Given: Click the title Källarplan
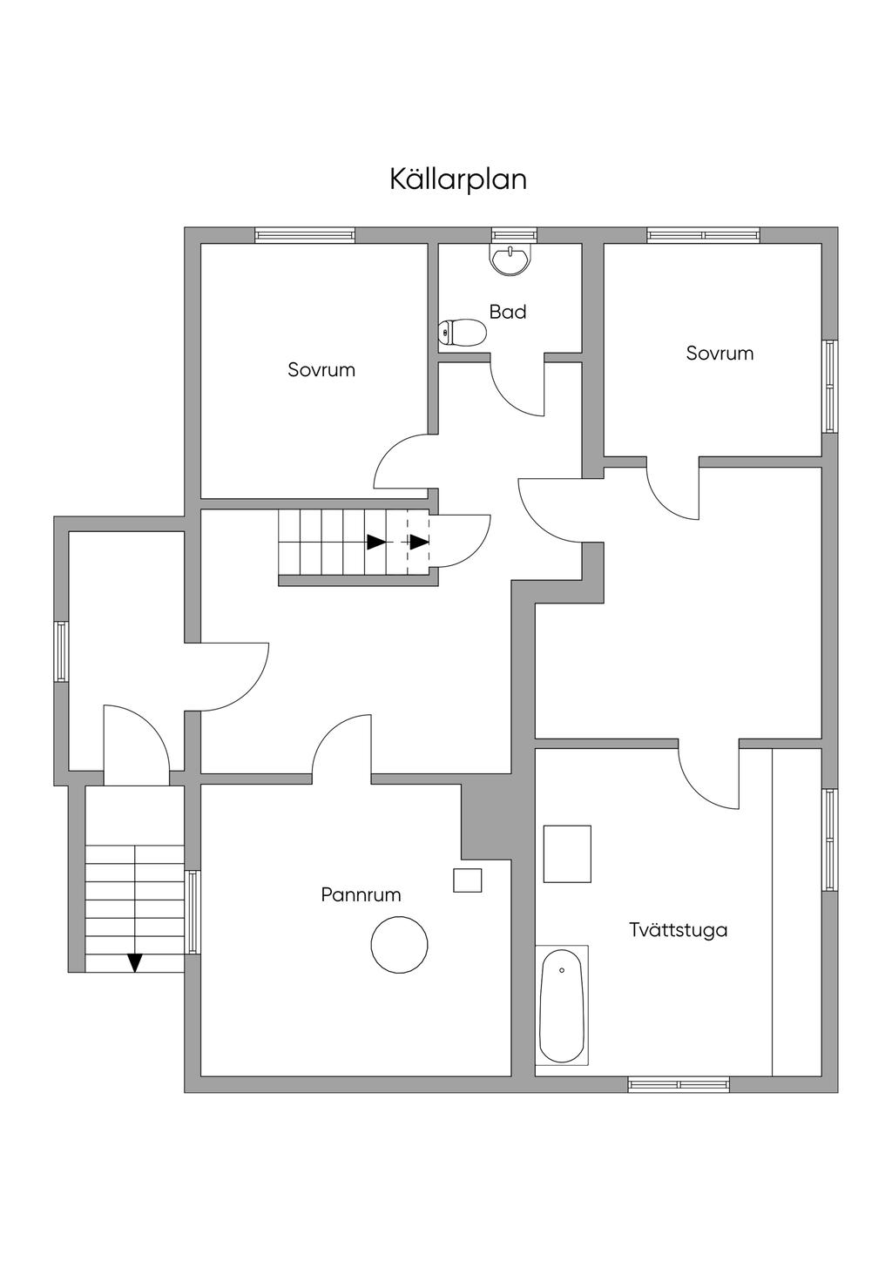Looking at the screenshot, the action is click(x=457, y=179).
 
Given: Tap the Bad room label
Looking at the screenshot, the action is click(x=507, y=312).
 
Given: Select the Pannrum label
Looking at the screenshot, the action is click(x=361, y=894).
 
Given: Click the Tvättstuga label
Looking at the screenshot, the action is click(x=678, y=929).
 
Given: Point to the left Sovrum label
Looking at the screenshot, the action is click(x=321, y=369).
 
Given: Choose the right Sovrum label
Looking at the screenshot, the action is click(x=720, y=353).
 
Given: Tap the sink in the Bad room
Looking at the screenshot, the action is click(x=510, y=260).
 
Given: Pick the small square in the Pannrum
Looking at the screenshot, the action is click(x=468, y=880).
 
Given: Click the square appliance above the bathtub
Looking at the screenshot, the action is click(x=567, y=853).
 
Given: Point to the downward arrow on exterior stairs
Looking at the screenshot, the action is click(x=134, y=962).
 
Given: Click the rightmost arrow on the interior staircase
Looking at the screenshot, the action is click(x=420, y=542).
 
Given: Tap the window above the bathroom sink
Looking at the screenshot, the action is click(x=512, y=235).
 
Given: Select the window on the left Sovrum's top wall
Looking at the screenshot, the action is click(x=305, y=235).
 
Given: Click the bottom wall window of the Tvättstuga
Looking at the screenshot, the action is click(x=679, y=1084).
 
